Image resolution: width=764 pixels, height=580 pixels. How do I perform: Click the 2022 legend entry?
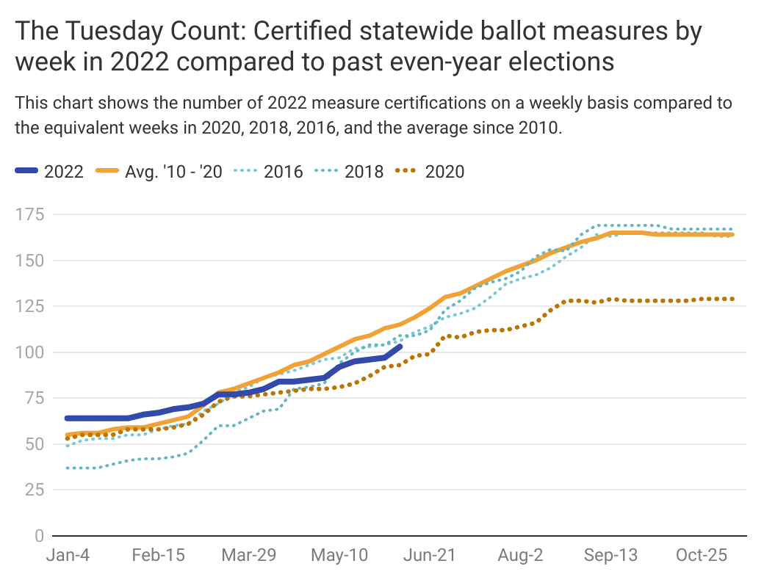point(49,172)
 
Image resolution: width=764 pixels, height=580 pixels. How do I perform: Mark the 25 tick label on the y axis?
point(34,490)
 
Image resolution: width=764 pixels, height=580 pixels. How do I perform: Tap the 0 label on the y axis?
point(38,535)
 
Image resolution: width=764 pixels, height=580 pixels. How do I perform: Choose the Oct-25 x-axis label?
point(702,555)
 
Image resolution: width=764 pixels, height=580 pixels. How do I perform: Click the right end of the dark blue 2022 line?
point(400,345)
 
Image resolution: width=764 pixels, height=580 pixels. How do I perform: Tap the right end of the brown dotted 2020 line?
point(732,299)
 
